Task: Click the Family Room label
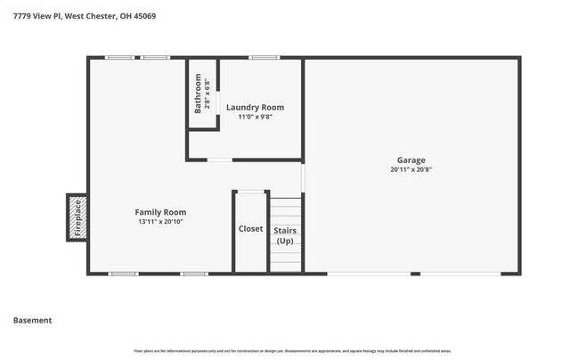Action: tap(160, 212)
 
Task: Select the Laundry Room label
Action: tap(255, 108)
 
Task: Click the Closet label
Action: tap(250, 229)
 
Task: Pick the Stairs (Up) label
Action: tap(285, 235)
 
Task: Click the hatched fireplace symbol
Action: tap(77, 217)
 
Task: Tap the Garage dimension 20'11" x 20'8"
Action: tap(411, 169)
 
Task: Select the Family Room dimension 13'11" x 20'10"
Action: tap(160, 222)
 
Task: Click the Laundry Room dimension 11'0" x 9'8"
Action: tap(255, 117)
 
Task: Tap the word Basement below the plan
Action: tap(32, 320)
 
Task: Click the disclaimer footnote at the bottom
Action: tap(285, 352)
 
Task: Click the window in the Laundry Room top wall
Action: tap(265, 58)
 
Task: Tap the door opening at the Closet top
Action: tap(251, 191)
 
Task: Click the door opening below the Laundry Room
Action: tap(220, 160)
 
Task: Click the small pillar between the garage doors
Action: tap(415, 274)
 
